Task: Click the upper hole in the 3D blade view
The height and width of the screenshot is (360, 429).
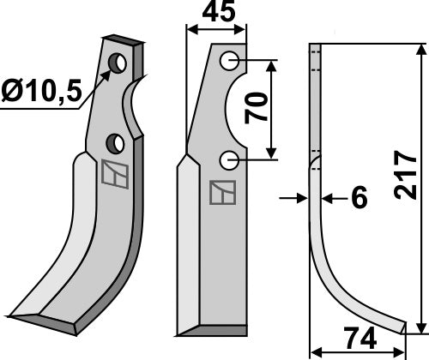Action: (x=119, y=63)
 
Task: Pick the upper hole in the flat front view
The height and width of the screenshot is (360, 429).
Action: (x=229, y=61)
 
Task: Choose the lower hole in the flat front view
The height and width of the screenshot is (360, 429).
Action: (x=228, y=159)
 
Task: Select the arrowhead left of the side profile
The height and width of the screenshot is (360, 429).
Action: (x=301, y=198)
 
